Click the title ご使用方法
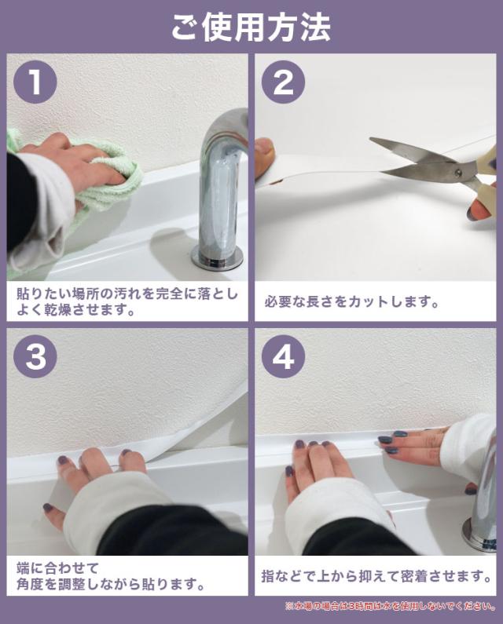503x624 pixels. click(x=251, y=27)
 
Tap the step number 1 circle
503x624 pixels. click(x=35, y=82)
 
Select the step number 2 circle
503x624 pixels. click(x=283, y=82)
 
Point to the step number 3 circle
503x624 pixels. click(x=35, y=356)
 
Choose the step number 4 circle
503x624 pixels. click(x=283, y=356)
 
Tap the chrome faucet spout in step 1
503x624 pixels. click(x=223, y=179)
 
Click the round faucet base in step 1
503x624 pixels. click(x=217, y=258)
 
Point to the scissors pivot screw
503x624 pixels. click(x=458, y=172)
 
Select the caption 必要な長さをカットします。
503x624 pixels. click(x=351, y=301)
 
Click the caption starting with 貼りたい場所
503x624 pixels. click(x=127, y=301)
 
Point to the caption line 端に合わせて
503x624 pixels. click(x=57, y=568)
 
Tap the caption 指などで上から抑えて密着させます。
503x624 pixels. click(x=376, y=576)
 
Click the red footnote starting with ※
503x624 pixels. click(x=391, y=607)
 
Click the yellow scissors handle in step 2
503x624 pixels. click(x=484, y=175)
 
